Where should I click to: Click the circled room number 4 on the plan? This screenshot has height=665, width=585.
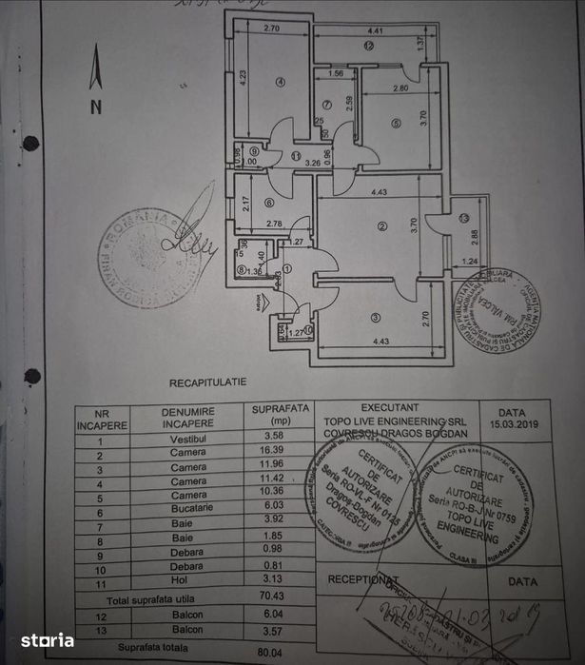(x=281, y=82)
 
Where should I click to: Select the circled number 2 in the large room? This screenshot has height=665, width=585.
(x=381, y=225)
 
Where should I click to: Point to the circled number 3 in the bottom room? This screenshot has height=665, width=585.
(x=377, y=317)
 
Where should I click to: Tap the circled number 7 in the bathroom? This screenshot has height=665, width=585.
(x=325, y=105)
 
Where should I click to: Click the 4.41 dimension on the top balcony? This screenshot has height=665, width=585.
(x=376, y=31)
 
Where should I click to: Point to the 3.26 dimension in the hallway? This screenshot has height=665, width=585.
(x=312, y=163)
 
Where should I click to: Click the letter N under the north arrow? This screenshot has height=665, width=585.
(x=95, y=107)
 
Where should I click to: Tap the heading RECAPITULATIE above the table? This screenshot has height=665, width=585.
(x=207, y=381)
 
